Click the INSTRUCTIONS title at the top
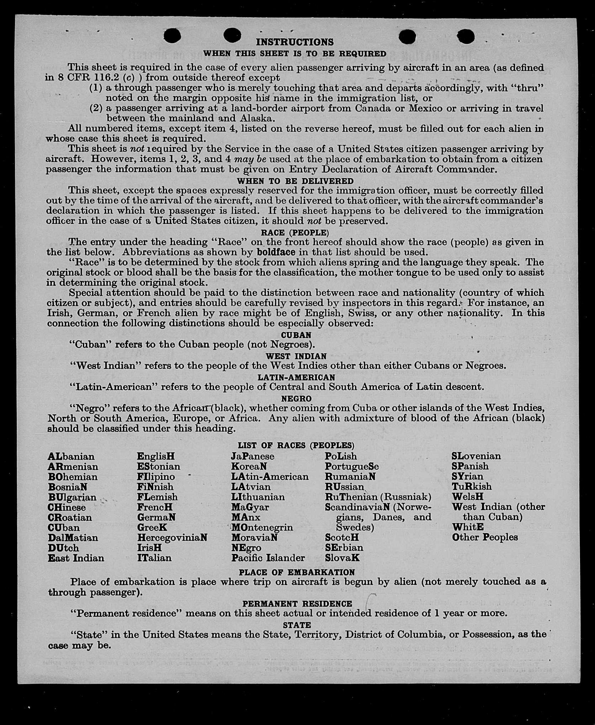point(295,42)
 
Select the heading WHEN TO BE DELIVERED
point(295,181)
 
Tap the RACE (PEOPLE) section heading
point(295,233)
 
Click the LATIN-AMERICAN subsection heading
point(296,377)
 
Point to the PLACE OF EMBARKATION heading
point(297,572)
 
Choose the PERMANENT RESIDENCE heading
point(297,604)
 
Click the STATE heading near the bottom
point(297,625)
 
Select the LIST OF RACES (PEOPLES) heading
point(296,445)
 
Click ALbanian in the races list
point(71,456)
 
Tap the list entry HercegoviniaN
point(172,538)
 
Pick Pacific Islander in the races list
point(268,558)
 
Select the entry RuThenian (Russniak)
point(378,497)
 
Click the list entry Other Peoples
point(485,537)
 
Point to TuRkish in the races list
point(472,486)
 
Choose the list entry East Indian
point(76,558)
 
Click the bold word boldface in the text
point(276,252)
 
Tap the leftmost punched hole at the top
point(173,36)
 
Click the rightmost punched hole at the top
point(466,36)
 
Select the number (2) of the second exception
point(96,108)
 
